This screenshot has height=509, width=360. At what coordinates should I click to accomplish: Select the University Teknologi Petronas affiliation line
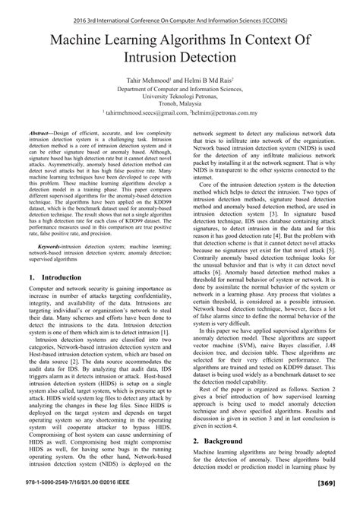[179, 96]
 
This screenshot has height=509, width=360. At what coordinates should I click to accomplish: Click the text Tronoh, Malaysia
[179, 105]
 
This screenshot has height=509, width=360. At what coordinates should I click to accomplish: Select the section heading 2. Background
[217, 440]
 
